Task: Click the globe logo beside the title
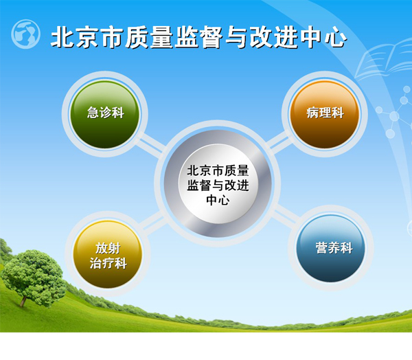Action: pos(26,34)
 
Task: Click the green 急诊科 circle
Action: pos(105,115)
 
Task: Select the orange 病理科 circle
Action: pos(325,115)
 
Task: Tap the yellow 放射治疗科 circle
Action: pos(108,255)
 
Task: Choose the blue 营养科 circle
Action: pos(331,249)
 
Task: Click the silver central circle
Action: pos(218,183)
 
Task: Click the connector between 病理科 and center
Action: pos(279,144)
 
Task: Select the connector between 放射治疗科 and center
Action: pos(152,223)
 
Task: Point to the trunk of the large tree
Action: pos(23,302)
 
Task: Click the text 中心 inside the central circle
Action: pos(218,200)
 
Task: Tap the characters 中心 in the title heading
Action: pos(323,37)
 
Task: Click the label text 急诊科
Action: pos(105,113)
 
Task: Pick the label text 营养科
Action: pos(334,248)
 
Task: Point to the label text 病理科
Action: pos(325,113)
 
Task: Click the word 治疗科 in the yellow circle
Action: pos(108,263)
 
